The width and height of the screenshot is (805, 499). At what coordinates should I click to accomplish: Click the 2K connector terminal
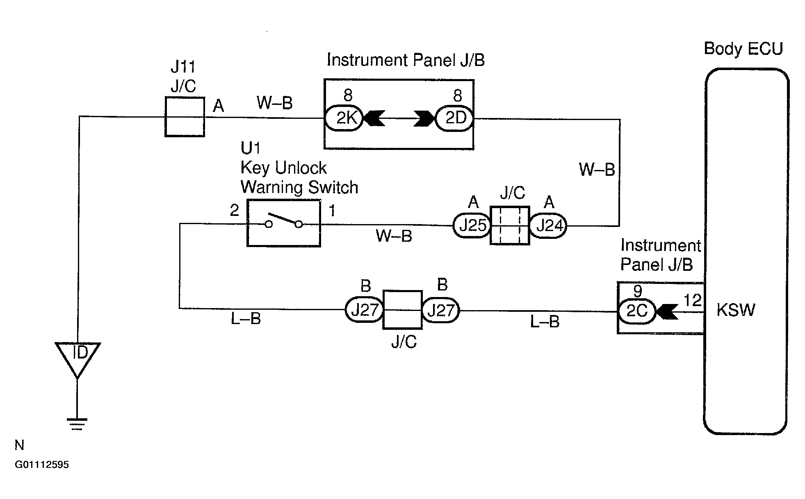[344, 118]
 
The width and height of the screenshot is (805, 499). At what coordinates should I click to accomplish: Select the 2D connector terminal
[454, 118]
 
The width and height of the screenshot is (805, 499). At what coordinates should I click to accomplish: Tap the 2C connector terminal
[637, 311]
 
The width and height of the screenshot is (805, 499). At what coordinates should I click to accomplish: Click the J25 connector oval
[472, 225]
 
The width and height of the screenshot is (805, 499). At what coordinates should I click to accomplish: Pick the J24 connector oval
[548, 226]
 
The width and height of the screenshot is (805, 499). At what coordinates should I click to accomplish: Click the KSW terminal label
[736, 310]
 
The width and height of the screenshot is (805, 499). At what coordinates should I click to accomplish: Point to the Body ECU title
[743, 49]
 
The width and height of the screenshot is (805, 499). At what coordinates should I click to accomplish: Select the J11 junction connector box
[185, 117]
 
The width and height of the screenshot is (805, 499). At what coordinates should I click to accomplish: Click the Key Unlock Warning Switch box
[283, 223]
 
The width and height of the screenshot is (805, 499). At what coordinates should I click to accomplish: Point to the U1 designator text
[251, 148]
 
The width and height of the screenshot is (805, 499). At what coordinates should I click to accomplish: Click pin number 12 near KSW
[693, 301]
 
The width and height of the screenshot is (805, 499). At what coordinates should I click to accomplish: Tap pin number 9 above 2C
[637, 291]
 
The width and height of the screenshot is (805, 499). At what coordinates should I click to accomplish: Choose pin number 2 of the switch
[234, 211]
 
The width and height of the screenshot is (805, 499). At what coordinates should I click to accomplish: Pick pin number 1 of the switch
[332, 211]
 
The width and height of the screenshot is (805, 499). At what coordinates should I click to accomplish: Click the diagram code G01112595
[42, 465]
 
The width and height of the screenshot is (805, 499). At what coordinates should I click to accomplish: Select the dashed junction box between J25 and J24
[510, 225]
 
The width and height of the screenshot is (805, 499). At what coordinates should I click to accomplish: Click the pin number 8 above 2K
[348, 95]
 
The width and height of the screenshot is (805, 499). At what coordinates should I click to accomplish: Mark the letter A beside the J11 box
[219, 106]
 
